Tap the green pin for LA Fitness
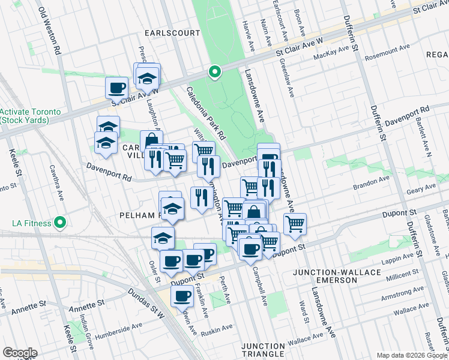(x=59, y=223)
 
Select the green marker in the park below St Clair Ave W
(x=214, y=73)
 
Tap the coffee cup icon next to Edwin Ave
(x=182, y=295)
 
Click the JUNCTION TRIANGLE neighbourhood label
(x=263, y=350)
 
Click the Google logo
(x=20, y=353)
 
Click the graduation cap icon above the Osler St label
(x=162, y=237)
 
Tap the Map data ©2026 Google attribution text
(x=412, y=355)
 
